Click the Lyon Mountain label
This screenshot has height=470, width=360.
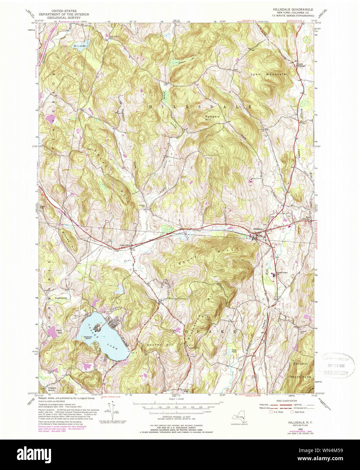point(268,74)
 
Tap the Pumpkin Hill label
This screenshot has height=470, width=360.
point(213,118)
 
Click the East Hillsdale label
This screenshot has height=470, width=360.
point(306,218)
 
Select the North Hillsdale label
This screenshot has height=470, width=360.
point(301,65)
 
